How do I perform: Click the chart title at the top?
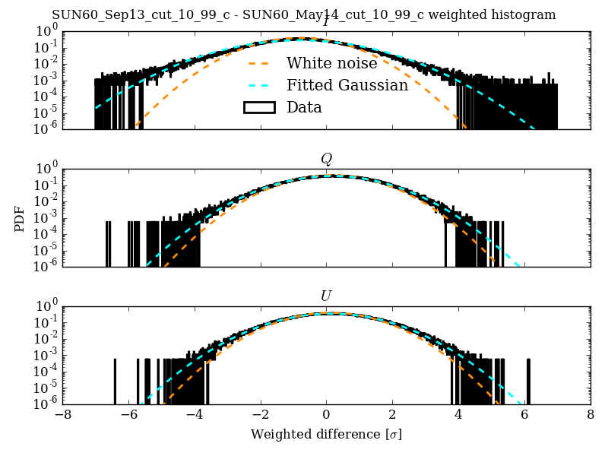(x=304, y=15)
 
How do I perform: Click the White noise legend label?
(x=331, y=63)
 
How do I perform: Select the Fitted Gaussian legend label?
(x=347, y=85)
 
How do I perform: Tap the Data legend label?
(x=304, y=107)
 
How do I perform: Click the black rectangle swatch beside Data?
(x=258, y=107)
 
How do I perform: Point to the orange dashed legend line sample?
(x=258, y=63)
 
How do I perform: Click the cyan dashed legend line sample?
(x=258, y=85)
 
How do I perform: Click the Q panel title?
(x=326, y=159)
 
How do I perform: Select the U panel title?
(x=326, y=296)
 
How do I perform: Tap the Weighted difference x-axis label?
(x=326, y=435)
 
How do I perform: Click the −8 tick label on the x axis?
(x=62, y=416)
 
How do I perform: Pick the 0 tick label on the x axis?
(x=326, y=416)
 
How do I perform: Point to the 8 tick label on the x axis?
(x=591, y=416)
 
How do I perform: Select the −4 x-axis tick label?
(x=194, y=416)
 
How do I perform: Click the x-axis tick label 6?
(x=524, y=416)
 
